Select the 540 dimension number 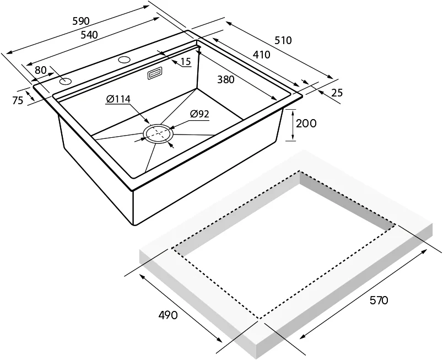pyautogui.click(x=89, y=34)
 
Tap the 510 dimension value pyautogui.click(x=283, y=40)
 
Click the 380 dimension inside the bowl pyautogui.click(x=226, y=79)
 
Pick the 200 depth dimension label pyautogui.click(x=306, y=123)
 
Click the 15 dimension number pyautogui.click(x=186, y=62)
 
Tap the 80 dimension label pyautogui.click(x=40, y=70)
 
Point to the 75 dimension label pyautogui.click(x=17, y=100)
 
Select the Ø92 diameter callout pyautogui.click(x=199, y=114)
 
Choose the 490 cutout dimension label pyautogui.click(x=168, y=315)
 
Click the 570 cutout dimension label pyautogui.click(x=379, y=300)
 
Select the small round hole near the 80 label pyautogui.click(x=66, y=82)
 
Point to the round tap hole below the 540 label pyautogui.click(x=124, y=58)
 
